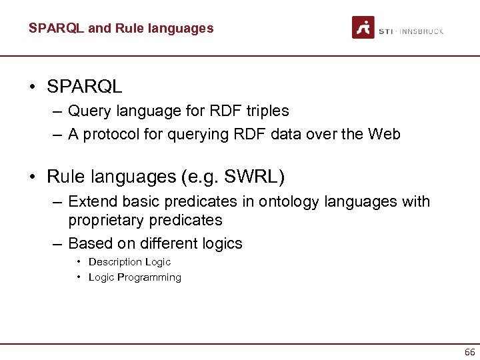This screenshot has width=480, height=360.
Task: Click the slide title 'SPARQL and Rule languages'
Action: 121,28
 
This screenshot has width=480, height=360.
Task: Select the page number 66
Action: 469,352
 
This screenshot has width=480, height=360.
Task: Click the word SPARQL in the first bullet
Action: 85,87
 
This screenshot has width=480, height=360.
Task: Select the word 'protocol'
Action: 109,134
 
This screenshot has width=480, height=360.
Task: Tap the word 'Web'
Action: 385,134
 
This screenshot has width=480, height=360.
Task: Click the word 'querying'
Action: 182,134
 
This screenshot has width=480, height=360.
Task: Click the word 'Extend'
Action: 91,201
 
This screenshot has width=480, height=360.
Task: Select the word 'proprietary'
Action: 107,220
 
